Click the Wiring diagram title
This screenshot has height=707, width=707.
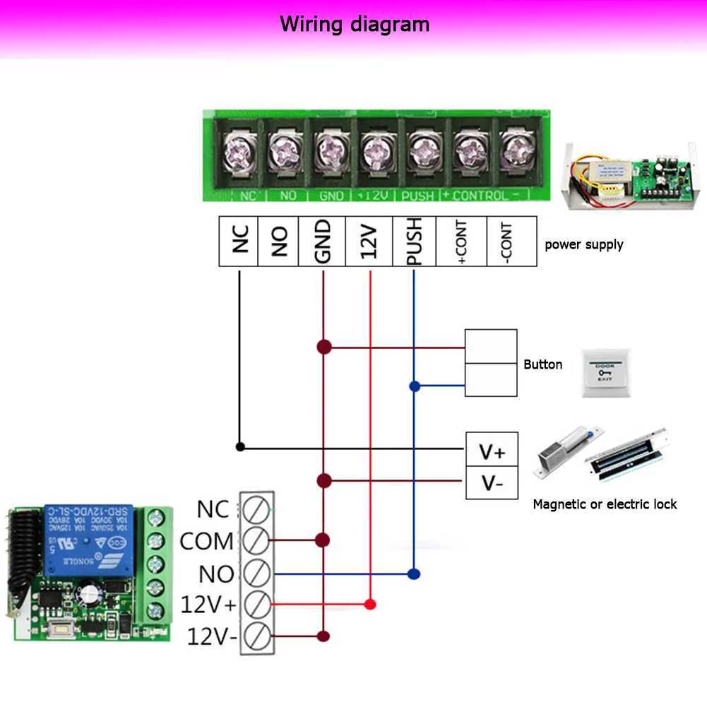354,25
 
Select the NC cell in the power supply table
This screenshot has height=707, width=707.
239,241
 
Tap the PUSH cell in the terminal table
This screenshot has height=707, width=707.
415,241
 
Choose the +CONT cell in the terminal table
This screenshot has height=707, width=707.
462,241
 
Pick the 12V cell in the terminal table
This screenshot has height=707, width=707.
369,241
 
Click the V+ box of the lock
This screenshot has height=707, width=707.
492,450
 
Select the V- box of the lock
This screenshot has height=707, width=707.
492,483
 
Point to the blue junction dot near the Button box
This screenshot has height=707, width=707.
415,386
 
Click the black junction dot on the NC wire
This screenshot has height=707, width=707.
240,446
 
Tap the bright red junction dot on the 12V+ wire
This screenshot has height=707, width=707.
369,605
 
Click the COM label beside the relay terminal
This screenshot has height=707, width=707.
206,542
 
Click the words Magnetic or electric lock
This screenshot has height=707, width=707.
605,504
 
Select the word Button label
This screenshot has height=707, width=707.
543,364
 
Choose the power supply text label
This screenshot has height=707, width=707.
583,244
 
